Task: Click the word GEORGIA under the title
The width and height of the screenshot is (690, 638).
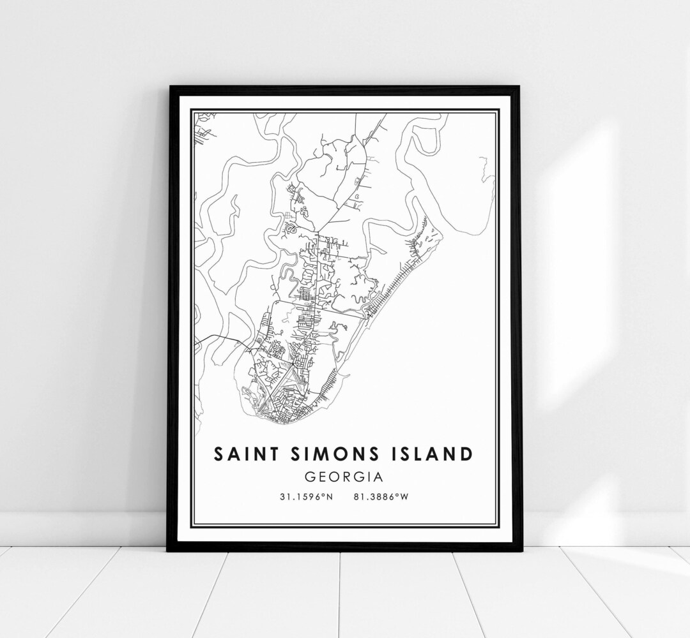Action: click(x=344, y=476)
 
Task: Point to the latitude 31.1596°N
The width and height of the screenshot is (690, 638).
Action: click(x=305, y=496)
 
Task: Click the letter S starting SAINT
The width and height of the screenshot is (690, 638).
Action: click(x=219, y=454)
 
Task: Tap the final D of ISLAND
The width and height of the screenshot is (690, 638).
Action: click(x=467, y=454)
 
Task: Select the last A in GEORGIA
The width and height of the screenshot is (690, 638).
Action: click(x=379, y=476)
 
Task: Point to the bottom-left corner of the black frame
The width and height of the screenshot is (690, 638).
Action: click(x=168, y=550)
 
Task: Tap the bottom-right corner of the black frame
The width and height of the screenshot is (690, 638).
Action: click(x=521, y=550)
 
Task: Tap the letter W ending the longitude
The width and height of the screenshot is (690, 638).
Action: click(x=404, y=496)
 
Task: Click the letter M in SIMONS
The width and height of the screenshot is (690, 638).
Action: click(x=324, y=454)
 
